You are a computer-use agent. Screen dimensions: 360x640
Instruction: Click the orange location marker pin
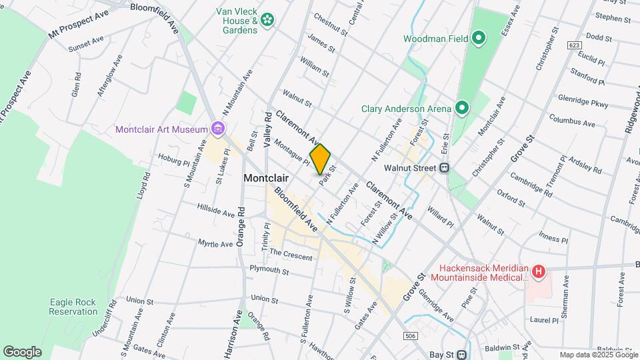(321, 159)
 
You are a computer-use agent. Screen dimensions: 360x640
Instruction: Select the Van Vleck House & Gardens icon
(267, 21)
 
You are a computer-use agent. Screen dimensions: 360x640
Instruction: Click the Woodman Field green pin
(478, 38)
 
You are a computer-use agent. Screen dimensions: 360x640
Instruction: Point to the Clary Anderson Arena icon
(461, 108)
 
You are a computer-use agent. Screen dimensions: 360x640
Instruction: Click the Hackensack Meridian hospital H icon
(539, 271)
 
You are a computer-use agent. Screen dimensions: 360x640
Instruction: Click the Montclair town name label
(266, 178)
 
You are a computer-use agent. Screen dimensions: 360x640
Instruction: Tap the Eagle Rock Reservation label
(73, 307)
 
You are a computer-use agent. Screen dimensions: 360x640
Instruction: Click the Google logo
(22, 351)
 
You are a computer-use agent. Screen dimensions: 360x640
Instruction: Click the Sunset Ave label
(86, 44)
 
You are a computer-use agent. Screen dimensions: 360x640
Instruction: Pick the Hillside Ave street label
(215, 212)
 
